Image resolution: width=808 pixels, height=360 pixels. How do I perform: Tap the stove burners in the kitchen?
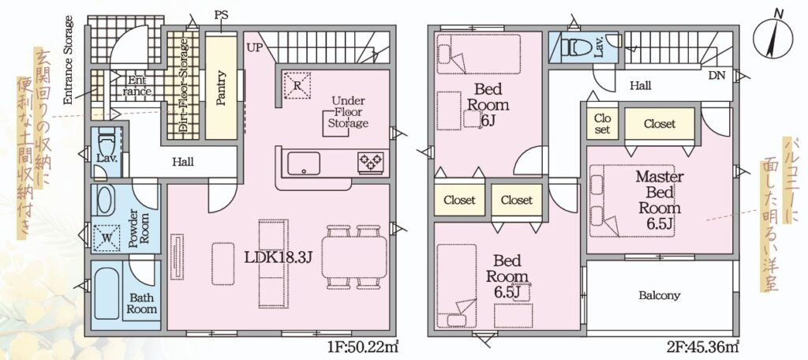371,162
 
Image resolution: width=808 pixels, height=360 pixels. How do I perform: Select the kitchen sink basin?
304,163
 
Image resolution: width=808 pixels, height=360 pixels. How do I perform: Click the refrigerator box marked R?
297,85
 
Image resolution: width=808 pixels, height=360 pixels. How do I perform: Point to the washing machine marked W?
107,238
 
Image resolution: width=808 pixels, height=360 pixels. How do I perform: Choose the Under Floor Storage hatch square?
336,123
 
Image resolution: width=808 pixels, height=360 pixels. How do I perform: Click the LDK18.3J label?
279,257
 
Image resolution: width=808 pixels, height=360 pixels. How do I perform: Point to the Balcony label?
659,295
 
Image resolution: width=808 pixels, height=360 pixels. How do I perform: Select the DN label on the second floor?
716,76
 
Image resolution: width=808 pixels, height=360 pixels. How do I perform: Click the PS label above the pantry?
221,16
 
